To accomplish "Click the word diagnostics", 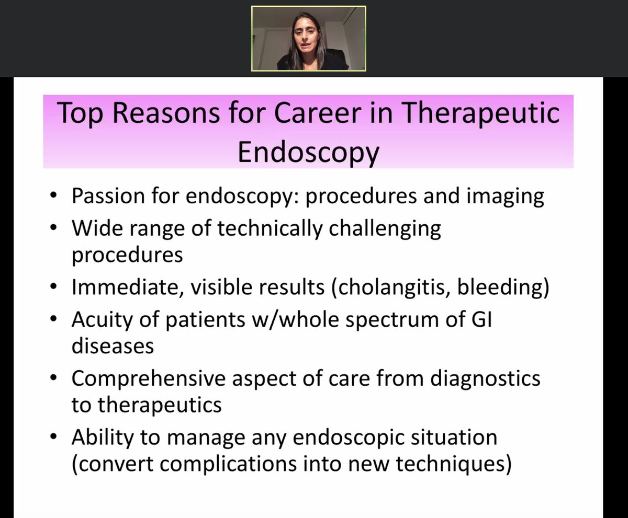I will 485,378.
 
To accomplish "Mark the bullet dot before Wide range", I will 54,229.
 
